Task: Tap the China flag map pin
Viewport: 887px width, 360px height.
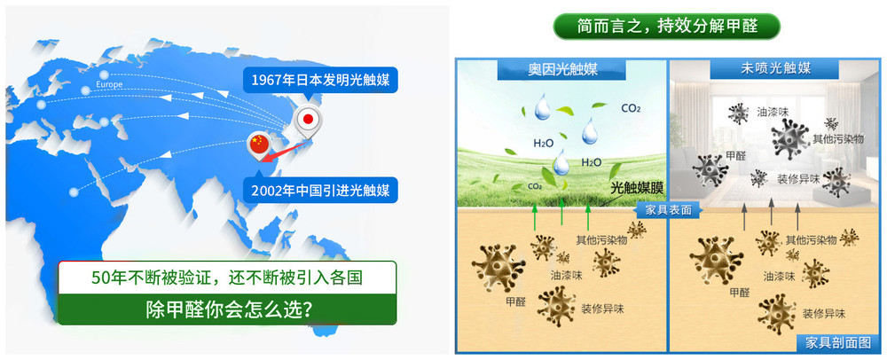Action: click(x=259, y=144)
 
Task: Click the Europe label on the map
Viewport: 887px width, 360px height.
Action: click(x=109, y=85)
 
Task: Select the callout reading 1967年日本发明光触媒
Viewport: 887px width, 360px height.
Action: click(x=321, y=80)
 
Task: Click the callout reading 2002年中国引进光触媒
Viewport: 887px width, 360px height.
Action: click(x=321, y=190)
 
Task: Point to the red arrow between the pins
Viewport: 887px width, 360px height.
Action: click(x=285, y=151)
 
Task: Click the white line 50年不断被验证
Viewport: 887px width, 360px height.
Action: click(x=227, y=278)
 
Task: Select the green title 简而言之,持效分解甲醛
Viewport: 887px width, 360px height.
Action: click(x=667, y=26)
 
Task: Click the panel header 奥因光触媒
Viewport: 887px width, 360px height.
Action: click(x=563, y=69)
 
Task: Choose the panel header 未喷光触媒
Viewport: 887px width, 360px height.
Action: click(x=775, y=69)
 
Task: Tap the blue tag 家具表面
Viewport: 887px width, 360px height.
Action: click(x=669, y=209)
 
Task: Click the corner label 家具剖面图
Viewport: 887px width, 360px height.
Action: click(x=838, y=343)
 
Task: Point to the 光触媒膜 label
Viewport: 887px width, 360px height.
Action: click(x=636, y=188)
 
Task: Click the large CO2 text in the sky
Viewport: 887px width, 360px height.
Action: click(x=631, y=107)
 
